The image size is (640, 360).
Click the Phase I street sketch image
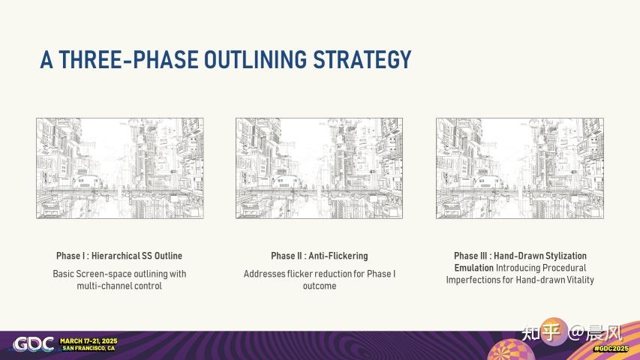[x=120, y=168]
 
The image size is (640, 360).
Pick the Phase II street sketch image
[x=319, y=168]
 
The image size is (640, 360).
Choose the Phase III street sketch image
[x=519, y=168]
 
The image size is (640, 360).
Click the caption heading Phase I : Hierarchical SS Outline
[x=119, y=256]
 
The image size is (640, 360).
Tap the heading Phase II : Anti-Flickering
[x=319, y=256]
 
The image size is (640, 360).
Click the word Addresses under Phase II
[x=266, y=274]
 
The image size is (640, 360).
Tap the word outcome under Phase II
[x=319, y=286]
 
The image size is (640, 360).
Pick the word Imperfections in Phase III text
[x=475, y=280]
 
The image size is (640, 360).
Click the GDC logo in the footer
[x=33, y=343]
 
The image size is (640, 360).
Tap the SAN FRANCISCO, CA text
[x=89, y=349]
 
